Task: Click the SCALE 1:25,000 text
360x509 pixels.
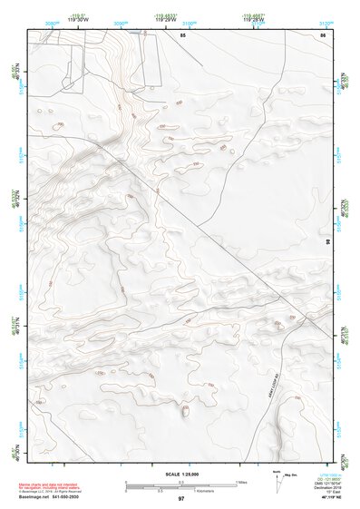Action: pos(180,473)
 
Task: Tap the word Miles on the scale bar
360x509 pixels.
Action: pos(241,482)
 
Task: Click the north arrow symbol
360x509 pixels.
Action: pos(277,479)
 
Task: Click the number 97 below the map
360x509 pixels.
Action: pos(180,499)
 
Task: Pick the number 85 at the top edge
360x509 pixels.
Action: pos(182,34)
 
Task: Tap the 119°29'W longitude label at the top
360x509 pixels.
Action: pos(166,18)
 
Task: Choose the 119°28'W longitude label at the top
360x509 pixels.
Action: pos(253,18)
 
